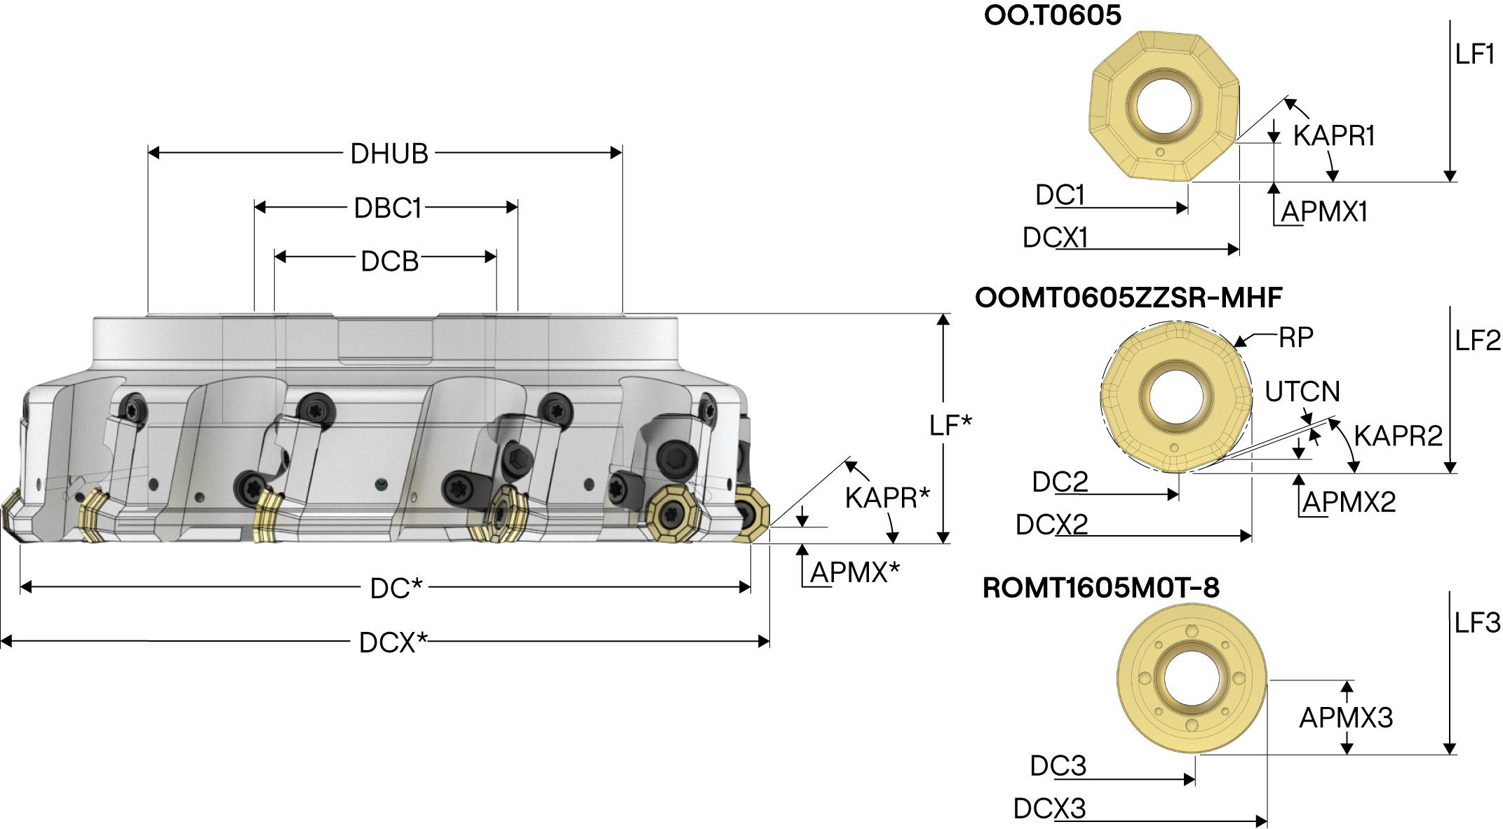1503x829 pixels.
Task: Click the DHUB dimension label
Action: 389,154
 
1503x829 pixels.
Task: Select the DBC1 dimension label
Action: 387,208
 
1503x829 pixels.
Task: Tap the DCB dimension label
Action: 389,261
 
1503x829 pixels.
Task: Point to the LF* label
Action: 950,425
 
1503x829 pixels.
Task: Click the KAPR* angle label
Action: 887,498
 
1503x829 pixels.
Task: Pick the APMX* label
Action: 855,572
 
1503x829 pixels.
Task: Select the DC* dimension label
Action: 396,588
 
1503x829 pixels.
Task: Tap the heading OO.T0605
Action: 1053,16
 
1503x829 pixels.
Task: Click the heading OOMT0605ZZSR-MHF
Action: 1128,297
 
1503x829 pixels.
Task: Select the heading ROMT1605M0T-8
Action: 1101,588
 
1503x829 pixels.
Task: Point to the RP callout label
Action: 1295,338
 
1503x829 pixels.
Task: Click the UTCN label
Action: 1302,391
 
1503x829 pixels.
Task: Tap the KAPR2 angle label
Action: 1398,436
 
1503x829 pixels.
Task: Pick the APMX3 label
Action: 1346,717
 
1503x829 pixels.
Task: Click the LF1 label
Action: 1475,55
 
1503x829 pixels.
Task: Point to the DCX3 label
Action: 1049,809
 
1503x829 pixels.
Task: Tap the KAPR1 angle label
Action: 1333,135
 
